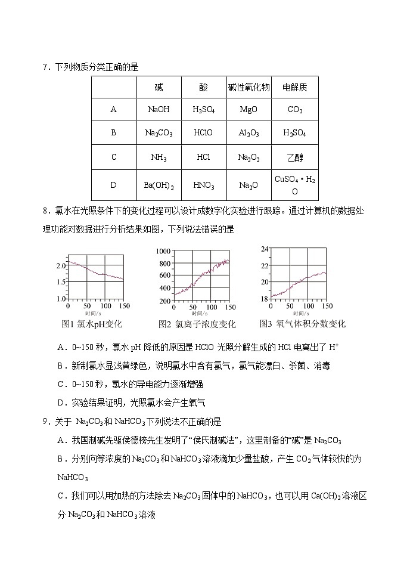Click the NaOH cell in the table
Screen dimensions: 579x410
pyautogui.click(x=159, y=110)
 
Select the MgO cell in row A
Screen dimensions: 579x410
pyautogui.click(x=249, y=110)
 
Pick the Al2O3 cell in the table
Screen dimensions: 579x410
pyautogui.click(x=249, y=133)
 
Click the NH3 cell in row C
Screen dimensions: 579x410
pyautogui.click(x=159, y=158)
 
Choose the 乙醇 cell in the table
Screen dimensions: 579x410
pyautogui.click(x=294, y=158)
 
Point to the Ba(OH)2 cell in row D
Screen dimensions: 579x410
pyautogui.click(x=159, y=185)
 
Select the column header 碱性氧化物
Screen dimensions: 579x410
pyautogui.click(x=249, y=88)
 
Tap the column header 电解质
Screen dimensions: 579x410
pyautogui.click(x=294, y=88)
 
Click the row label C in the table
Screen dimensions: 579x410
pyautogui.click(x=114, y=158)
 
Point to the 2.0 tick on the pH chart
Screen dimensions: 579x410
pyautogui.click(x=61, y=265)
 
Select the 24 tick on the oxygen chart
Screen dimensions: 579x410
pyautogui.click(x=265, y=249)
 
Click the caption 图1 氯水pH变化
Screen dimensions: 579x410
pyautogui.click(x=92, y=324)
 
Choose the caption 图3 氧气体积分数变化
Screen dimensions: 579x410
pyautogui.click(x=302, y=324)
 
